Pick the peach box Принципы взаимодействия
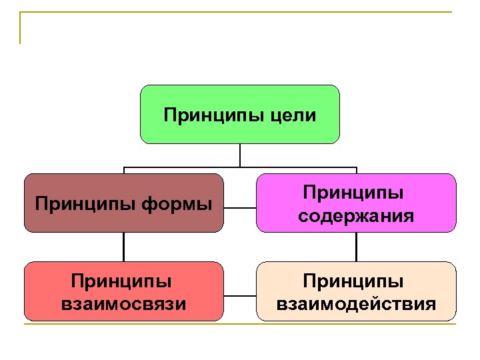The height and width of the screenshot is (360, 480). click(356, 313)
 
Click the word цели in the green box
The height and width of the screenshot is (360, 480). click(294, 116)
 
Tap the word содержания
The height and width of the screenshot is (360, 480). click(356, 216)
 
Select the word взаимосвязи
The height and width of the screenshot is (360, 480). click(123, 305)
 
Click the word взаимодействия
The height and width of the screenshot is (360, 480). click(356, 305)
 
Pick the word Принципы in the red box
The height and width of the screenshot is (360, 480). click(123, 280)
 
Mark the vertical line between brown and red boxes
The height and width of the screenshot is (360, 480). click(123, 247)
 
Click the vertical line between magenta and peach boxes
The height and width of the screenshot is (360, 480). click(356, 247)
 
